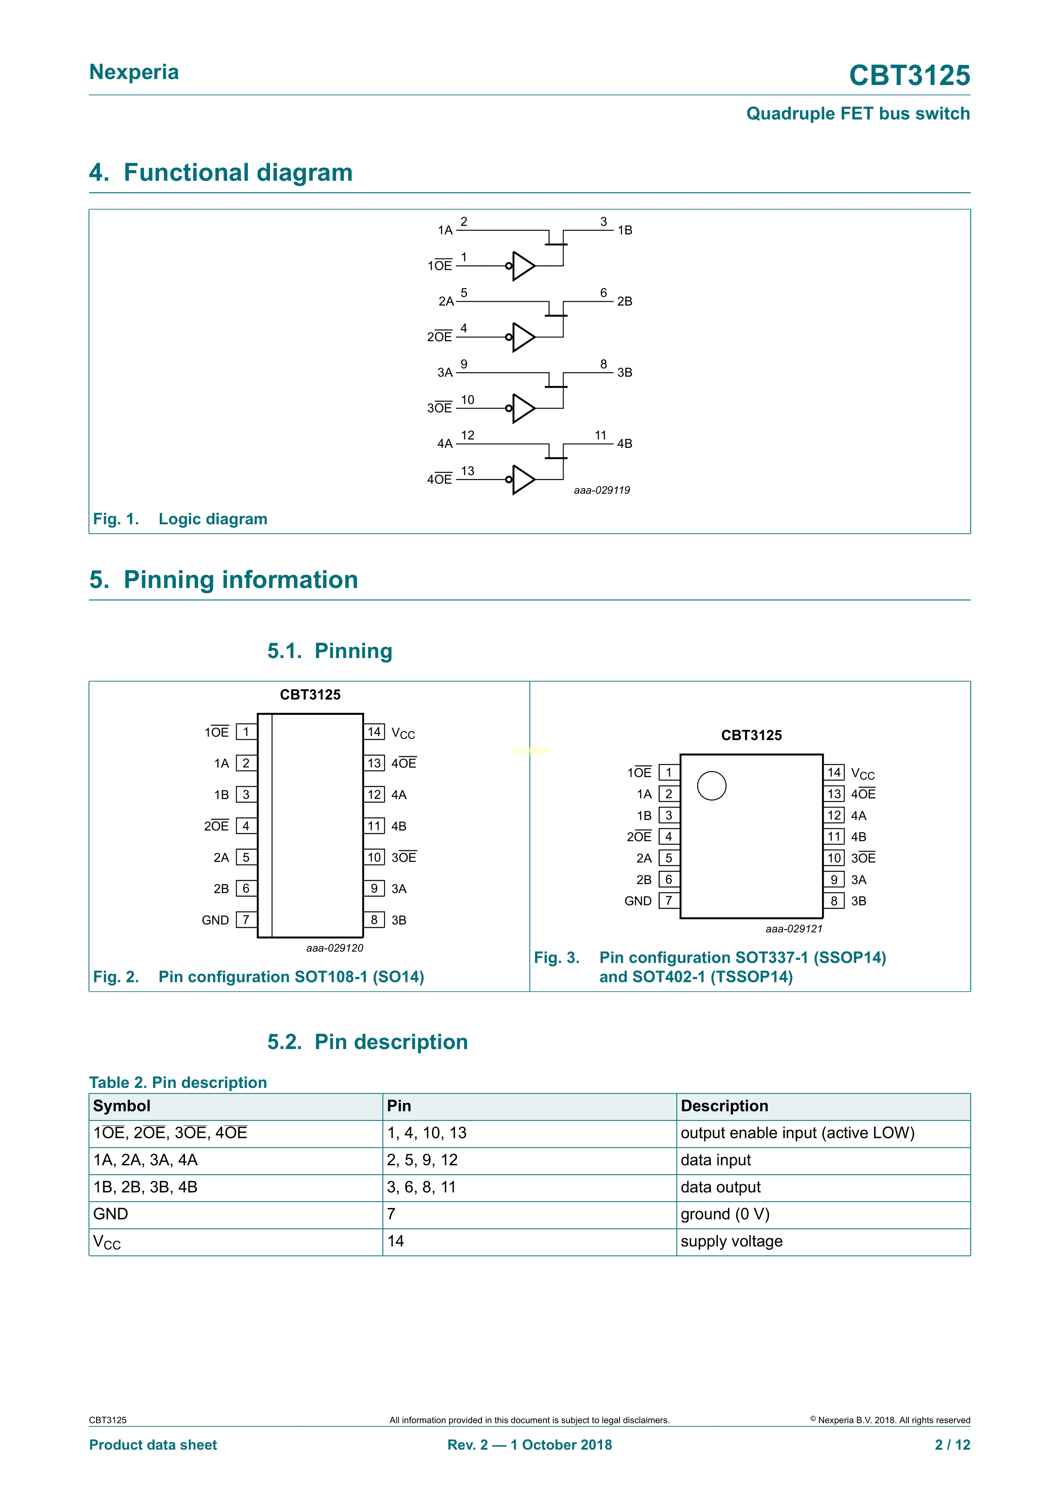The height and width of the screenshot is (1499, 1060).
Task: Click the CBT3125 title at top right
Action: pos(909,76)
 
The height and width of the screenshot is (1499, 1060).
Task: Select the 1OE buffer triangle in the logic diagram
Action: pos(523,266)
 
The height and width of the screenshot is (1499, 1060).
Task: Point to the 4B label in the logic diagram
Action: pos(625,444)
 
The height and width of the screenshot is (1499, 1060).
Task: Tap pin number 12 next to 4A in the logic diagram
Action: pos(467,435)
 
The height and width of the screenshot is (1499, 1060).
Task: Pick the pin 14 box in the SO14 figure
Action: pos(374,732)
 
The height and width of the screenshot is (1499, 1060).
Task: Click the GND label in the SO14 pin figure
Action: pos(215,920)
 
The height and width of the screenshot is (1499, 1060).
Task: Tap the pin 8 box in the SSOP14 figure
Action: pos(834,901)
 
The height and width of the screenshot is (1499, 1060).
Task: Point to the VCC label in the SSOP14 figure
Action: pos(862,774)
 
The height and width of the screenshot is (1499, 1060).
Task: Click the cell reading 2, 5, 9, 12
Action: pos(422,1160)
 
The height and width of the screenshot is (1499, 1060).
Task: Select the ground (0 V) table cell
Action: pos(725,1214)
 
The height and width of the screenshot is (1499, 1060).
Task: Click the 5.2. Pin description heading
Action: pos(367,1042)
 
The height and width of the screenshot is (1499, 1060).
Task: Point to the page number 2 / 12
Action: pos(952,1445)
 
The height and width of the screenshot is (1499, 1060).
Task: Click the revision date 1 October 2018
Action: pos(561,1445)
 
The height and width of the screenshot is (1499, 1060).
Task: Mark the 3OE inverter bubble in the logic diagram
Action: pos(508,408)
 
